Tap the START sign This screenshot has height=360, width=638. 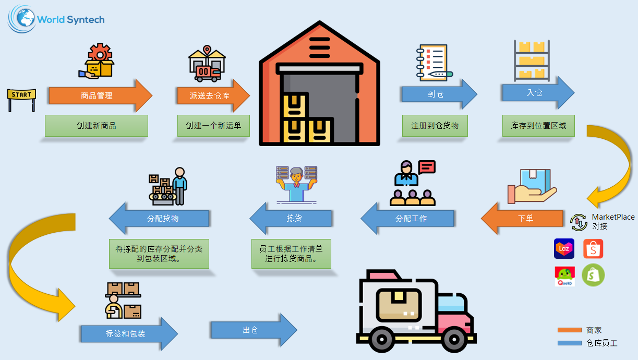pos(21,95)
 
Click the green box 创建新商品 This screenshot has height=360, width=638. pos(96,126)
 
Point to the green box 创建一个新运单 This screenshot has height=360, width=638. pos(213,126)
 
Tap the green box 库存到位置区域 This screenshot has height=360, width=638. pos(538,126)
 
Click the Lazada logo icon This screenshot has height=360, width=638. pos(564,249)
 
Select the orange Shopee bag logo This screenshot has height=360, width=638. pos(593,249)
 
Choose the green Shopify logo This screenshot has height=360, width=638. pos(593,275)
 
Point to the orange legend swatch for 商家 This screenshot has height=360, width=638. pos(569,330)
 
